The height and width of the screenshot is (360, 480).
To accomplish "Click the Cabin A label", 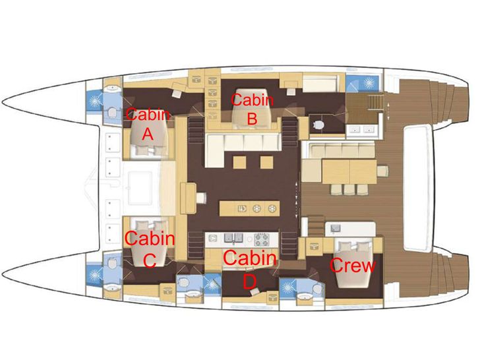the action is (148, 124).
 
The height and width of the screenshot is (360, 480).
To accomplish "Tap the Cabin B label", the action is (252, 109).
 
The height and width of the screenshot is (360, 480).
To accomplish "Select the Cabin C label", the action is (150, 249).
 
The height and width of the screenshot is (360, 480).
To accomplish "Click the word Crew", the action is (353, 265).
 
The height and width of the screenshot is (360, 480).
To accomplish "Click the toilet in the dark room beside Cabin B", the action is (319, 125).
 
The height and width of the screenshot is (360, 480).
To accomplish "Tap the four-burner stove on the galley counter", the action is (261, 240).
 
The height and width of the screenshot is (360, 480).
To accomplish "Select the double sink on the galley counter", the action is (233, 238).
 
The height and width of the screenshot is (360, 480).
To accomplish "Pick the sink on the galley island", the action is (242, 209).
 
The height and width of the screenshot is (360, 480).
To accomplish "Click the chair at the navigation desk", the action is (201, 197).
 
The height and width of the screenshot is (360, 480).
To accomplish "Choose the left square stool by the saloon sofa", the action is (239, 162).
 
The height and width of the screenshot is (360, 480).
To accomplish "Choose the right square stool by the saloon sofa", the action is (266, 162).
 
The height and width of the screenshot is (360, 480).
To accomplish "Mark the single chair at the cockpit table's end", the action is (382, 171).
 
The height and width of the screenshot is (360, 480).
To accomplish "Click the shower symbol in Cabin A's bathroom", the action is (94, 101).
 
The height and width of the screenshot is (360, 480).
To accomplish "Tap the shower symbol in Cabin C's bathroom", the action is (94, 275).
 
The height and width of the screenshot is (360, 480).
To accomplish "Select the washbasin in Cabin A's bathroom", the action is (113, 88).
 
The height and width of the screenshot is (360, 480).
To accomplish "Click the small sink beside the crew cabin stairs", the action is (336, 227).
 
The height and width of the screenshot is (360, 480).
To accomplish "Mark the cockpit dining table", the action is (349, 171).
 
